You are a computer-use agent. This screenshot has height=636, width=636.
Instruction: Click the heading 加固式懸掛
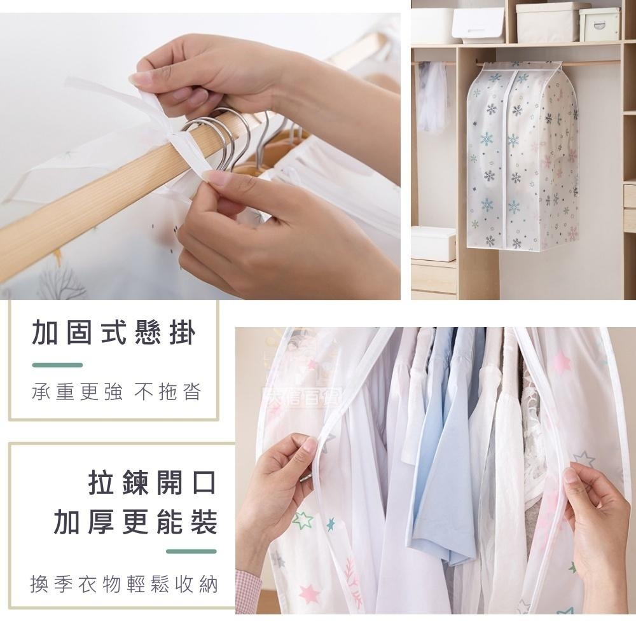114,333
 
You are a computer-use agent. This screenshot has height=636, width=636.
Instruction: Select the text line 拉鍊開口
153,483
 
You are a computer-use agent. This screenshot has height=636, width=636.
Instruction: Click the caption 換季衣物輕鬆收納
124,583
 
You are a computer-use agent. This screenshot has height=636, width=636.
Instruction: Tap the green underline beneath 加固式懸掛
57,365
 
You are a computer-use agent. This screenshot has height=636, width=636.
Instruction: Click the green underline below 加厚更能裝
191,551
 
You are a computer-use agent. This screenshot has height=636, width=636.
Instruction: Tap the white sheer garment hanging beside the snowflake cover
434,95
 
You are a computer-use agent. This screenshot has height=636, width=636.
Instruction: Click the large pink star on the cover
560,363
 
